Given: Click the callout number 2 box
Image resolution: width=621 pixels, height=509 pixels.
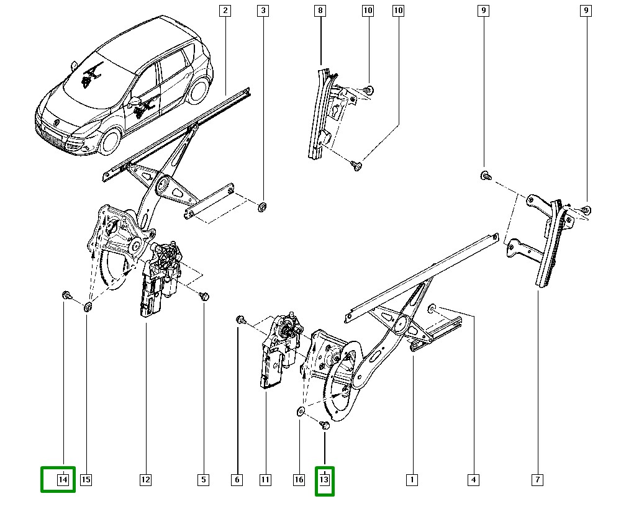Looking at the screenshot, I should tap(225, 11).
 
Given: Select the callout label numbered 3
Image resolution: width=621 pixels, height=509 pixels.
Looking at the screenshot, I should tap(263, 11).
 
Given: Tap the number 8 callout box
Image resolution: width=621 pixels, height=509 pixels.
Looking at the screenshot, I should tap(320, 11).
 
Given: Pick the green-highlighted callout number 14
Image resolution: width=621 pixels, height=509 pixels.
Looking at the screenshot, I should tap(63, 479).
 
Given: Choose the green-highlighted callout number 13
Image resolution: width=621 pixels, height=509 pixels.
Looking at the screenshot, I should tap(324, 479).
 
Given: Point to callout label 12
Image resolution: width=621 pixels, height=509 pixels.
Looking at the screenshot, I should tap(145, 479).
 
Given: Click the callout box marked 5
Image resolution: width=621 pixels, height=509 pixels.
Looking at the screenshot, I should tap(203, 479).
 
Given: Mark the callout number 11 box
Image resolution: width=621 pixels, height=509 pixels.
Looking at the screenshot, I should tap(265, 479).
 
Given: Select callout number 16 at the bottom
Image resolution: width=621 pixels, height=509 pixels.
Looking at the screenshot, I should tap(298, 479).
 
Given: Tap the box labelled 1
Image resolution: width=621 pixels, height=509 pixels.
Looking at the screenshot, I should tap(410, 479).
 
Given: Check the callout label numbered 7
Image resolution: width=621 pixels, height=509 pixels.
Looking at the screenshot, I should tap(538, 479).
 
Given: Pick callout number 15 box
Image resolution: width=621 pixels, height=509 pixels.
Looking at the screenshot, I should tap(86, 479).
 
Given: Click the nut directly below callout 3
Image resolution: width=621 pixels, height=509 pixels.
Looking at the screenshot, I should tap(262, 206).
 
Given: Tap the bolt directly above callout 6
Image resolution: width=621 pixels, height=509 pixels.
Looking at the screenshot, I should tap(240, 320).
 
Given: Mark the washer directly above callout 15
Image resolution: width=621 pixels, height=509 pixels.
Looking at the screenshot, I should tap(87, 307).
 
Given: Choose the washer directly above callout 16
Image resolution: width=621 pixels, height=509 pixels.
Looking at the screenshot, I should tap(299, 410).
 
